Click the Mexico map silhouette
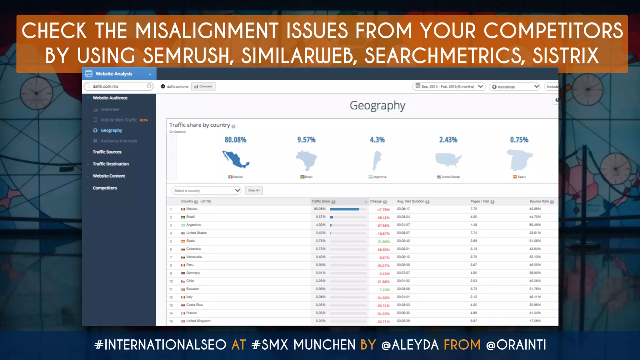235,159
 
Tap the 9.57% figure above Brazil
306,140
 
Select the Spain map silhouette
519,159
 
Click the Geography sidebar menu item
111,130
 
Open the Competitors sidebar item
105,188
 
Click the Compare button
203,87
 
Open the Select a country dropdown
206,190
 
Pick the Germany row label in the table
193,273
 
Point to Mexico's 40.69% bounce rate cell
535,209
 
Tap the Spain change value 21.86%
383,242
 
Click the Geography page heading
377,106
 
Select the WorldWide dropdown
515,87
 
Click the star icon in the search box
149,86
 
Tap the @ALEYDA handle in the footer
410,345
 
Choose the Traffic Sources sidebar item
107,152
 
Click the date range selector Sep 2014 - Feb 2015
449,87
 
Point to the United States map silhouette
448,159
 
